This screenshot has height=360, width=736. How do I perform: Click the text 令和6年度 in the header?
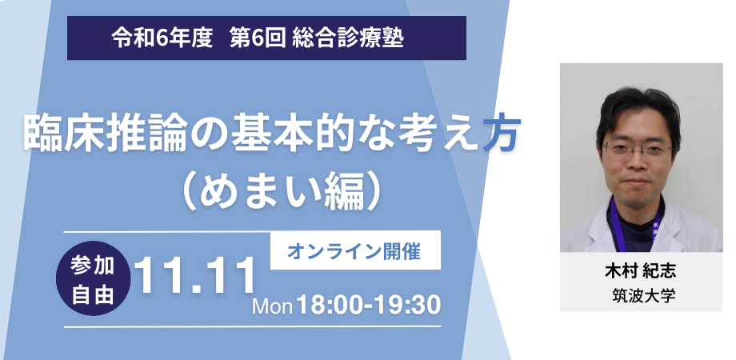point(162,38)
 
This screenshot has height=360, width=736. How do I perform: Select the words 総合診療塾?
point(348,38)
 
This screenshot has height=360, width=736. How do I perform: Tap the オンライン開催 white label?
point(355,251)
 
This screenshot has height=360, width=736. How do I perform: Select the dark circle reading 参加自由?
point(93,278)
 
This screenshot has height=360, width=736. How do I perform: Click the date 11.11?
point(195,277)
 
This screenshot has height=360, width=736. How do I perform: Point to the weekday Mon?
point(273,307)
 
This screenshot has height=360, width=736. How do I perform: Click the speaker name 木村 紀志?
point(641,272)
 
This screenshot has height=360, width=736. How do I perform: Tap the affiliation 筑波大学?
point(643,296)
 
